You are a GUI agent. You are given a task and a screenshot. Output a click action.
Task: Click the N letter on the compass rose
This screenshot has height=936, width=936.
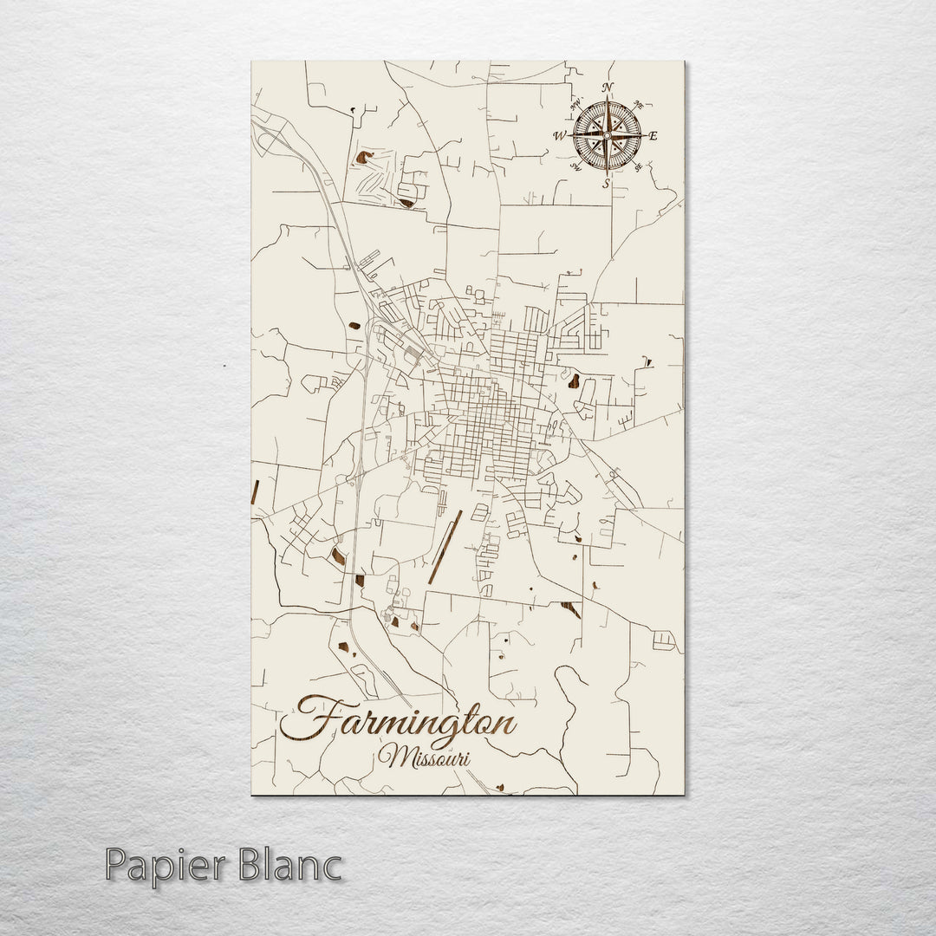(x=607, y=88)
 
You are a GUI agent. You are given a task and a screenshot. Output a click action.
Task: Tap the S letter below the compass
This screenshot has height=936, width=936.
(x=606, y=183)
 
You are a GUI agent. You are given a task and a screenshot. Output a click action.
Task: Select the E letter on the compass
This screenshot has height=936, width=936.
(x=653, y=135)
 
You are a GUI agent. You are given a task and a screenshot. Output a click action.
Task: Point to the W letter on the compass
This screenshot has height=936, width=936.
(x=559, y=135)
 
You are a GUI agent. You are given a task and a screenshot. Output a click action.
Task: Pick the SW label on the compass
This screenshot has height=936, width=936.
(x=575, y=168)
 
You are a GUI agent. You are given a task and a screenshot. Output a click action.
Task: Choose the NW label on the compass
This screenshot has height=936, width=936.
(x=574, y=104)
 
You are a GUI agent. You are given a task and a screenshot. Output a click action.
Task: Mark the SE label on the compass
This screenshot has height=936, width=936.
(x=638, y=167)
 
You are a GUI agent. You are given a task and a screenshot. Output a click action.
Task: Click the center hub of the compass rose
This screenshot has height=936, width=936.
(x=607, y=135)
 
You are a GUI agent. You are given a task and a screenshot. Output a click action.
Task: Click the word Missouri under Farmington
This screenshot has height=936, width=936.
(x=425, y=757)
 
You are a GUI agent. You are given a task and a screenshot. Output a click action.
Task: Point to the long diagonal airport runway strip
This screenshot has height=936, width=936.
(x=444, y=546)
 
